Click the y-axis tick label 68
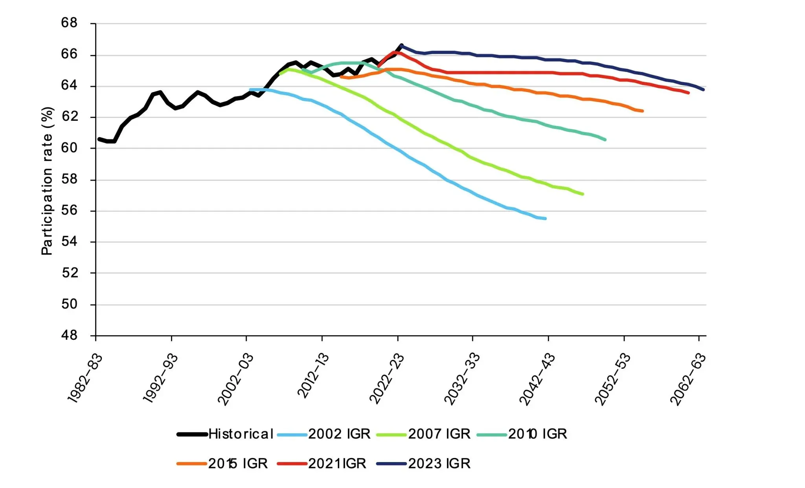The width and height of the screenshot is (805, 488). (69, 23)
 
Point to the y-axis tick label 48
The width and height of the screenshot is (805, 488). (69, 335)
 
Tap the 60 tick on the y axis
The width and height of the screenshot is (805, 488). (69, 148)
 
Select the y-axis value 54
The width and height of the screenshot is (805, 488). (69, 242)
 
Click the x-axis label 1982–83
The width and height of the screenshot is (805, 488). (85, 378)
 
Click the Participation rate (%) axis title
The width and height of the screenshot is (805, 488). (47, 181)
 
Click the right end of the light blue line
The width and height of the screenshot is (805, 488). (545, 219)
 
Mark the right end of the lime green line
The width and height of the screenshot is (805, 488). (583, 194)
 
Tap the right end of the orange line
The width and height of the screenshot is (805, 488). (642, 111)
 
